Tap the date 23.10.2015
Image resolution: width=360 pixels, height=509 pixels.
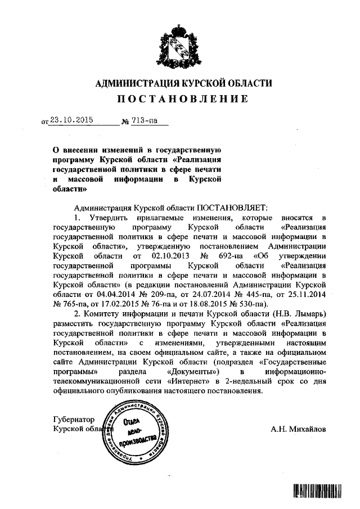[71, 119]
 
